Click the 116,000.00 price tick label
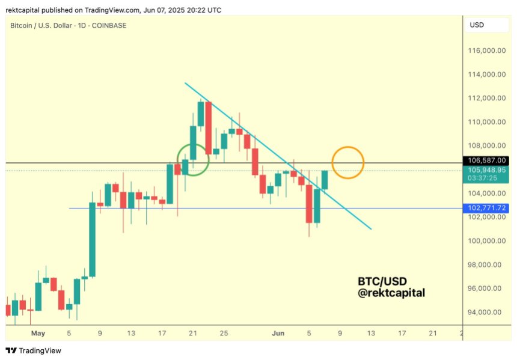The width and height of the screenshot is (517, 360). point(486,51)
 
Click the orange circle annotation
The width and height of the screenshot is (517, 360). point(348,162)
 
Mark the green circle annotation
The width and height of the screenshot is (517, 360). point(193,159)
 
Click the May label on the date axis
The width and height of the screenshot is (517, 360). point(38,333)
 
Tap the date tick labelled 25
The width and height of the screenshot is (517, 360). point(224,333)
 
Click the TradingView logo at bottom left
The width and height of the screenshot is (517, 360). point(34,350)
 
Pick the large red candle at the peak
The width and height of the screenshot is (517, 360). point(209,128)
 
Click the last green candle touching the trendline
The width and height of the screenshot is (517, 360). point(325,180)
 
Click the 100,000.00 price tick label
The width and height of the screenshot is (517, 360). point(486,241)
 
